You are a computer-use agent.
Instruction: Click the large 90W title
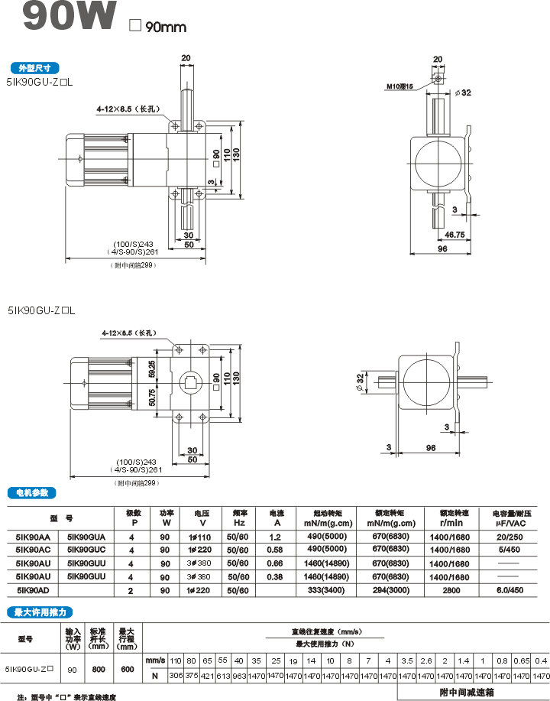pos(70,18)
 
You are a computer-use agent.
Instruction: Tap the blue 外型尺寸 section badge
pos(34,67)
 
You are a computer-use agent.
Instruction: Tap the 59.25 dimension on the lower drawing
pos(152,368)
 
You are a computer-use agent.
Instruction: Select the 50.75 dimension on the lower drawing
pos(152,397)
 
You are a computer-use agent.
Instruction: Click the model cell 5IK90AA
pos(33,537)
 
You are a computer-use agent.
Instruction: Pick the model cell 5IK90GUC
pos(86,550)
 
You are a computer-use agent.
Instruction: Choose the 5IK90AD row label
pos(33,591)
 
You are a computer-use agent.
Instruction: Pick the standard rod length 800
pos(98,669)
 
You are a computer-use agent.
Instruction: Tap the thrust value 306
pos(175,676)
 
